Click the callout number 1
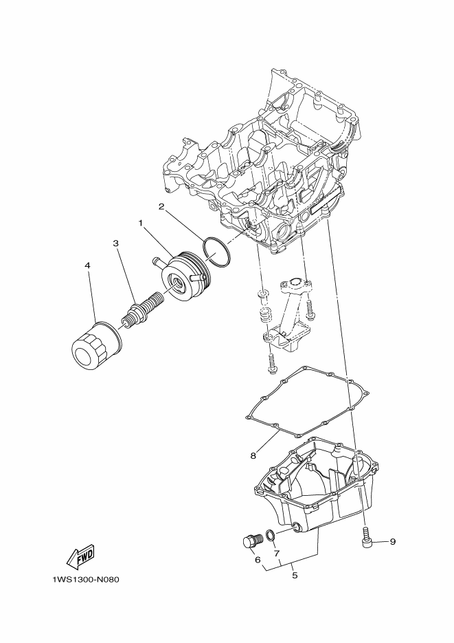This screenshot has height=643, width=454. [140, 223]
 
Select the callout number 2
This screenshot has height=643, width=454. [161, 207]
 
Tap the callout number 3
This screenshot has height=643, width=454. [116, 243]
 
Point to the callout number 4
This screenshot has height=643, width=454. [87, 265]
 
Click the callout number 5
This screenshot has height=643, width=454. [295, 576]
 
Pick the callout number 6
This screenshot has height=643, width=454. [257, 560]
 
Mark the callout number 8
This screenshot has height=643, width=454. [253, 455]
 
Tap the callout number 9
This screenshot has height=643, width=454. [393, 542]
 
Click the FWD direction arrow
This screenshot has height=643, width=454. [80, 556]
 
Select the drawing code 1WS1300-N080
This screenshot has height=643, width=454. [86, 580]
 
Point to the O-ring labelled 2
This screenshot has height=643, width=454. [217, 252]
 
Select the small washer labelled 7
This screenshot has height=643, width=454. [270, 535]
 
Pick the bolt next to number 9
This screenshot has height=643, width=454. [366, 538]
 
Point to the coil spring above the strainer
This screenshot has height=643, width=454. [266, 315]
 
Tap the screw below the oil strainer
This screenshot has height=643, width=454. [271, 364]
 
